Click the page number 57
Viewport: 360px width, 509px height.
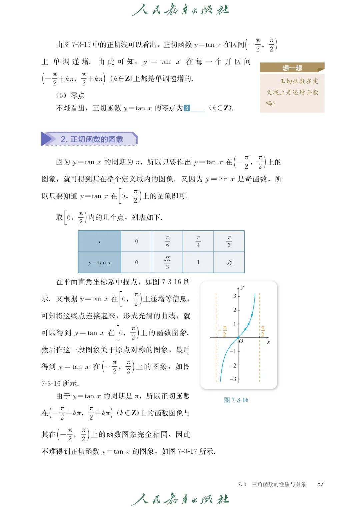coord(320,484)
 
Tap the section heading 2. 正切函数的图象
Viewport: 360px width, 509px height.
coord(92,139)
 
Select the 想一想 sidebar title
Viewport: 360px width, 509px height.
coord(292,68)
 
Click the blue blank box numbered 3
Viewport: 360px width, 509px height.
coord(187,108)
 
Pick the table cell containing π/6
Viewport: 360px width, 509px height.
coord(167,241)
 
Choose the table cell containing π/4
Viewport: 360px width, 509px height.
coord(198,241)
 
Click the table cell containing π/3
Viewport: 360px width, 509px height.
coord(229,241)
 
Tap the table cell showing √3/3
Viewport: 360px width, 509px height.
coord(167,262)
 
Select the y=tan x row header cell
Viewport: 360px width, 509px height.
coord(100,262)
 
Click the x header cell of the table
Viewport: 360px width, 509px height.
coord(100,241)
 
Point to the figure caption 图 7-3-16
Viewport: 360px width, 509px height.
coord(236,400)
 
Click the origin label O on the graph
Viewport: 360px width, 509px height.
coord(241,341)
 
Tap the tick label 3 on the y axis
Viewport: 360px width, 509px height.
coord(235,296)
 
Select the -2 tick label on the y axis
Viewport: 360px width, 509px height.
coord(233,365)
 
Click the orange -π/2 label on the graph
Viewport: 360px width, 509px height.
coord(223,331)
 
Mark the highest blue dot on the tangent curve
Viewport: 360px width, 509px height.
coord(252,315)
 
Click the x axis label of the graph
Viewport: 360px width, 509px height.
coord(268,342)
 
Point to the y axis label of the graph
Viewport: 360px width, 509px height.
coord(242,287)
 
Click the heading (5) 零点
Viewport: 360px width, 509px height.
coord(70,95)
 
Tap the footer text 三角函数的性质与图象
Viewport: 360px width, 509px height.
coord(279,484)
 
